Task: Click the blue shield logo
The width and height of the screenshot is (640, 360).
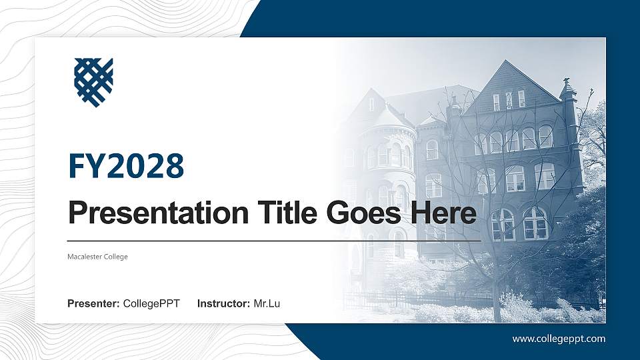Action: click(93, 82)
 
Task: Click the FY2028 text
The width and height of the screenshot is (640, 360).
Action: click(126, 166)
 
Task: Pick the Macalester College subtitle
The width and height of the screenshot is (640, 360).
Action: click(97, 257)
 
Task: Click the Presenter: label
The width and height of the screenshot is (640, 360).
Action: click(93, 304)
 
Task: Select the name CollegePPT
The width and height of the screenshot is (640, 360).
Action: click(151, 304)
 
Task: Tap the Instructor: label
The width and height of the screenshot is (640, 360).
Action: click(224, 304)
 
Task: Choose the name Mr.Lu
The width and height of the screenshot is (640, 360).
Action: click(267, 304)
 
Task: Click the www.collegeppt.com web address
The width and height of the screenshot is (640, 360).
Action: click(559, 339)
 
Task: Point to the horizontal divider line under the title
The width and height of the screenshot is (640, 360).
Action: click(273, 241)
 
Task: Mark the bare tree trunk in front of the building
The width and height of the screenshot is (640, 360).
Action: click(496, 293)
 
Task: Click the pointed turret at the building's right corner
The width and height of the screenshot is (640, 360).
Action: click(568, 90)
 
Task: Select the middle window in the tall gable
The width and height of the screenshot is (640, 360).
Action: click(509, 101)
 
